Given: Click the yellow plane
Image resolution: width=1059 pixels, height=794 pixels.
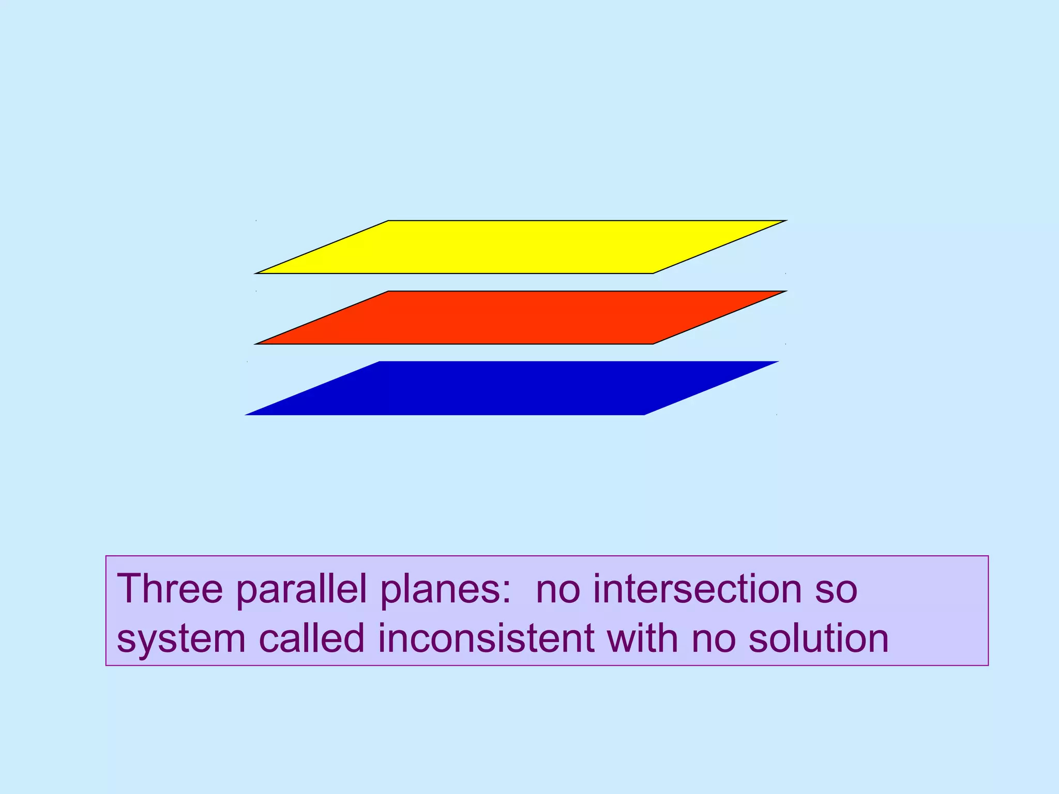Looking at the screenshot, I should pos(521,247).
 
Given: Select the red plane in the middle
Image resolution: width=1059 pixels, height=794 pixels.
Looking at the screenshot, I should pos(521,317).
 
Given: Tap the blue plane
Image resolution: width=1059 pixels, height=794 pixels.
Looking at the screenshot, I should pos(512,388).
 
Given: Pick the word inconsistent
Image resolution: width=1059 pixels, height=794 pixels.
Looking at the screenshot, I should pos(486,638).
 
